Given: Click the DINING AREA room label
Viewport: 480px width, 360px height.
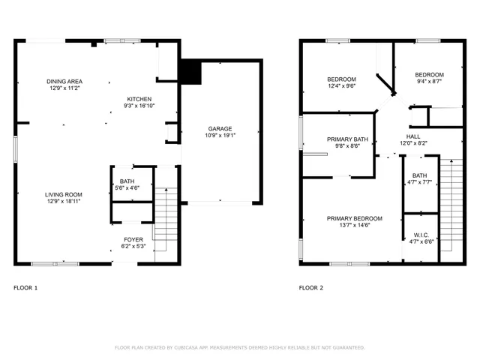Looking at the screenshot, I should [64, 81].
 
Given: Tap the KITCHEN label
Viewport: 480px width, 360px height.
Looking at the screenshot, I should [139, 99].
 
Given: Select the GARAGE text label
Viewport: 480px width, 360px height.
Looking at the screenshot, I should [220, 129].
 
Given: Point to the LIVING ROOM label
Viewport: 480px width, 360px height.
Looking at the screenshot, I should [63, 193].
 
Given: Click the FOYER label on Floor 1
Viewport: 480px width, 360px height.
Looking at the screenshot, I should [133, 238].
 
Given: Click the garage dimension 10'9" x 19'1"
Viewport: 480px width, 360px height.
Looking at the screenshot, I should [220, 136].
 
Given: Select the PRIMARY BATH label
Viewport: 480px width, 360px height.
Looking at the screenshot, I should [346, 139].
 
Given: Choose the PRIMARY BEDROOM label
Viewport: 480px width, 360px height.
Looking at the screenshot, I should [354, 218].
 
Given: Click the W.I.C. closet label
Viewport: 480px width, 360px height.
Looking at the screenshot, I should [420, 235].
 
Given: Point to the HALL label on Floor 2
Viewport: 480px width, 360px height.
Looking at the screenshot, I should [412, 136].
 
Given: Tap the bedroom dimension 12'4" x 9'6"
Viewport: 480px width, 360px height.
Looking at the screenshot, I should [341, 86].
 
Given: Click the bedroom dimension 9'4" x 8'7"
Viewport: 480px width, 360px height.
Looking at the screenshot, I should [430, 82].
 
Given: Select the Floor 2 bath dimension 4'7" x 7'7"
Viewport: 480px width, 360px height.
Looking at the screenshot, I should [420, 182].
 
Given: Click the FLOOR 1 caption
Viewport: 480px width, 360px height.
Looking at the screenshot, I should [25, 288].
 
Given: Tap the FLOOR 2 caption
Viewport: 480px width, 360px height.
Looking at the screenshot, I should [311, 288].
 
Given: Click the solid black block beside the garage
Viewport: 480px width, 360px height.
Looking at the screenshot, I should [190, 72].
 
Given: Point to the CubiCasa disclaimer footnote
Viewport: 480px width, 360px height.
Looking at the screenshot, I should [239, 347].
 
